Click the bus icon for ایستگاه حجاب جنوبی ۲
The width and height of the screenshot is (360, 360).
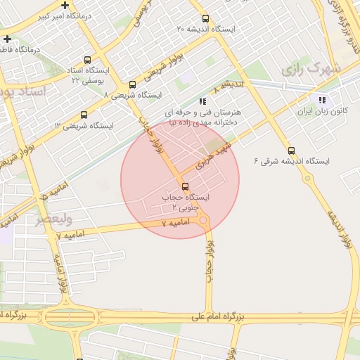tap(185, 186)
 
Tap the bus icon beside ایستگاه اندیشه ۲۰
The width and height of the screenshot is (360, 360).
tap(205, 19)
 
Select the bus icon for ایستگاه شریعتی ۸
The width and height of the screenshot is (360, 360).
tap(132, 84)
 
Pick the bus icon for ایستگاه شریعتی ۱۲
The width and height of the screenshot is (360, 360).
tap(84, 115)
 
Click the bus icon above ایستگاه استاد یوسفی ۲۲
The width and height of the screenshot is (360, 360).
tap(87, 60)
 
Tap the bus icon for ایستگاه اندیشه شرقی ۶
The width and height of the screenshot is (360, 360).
tap(292, 150)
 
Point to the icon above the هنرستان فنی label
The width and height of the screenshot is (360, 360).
tap(203, 101)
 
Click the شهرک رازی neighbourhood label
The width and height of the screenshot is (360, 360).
tap(310, 70)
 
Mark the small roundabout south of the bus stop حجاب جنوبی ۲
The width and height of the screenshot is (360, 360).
tap(204, 222)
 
